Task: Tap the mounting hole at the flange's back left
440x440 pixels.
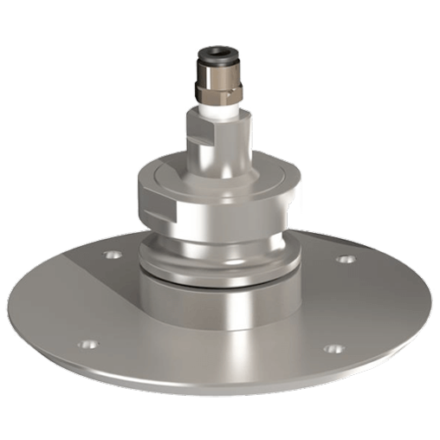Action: [111, 256]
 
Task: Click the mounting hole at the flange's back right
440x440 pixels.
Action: [346, 258]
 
